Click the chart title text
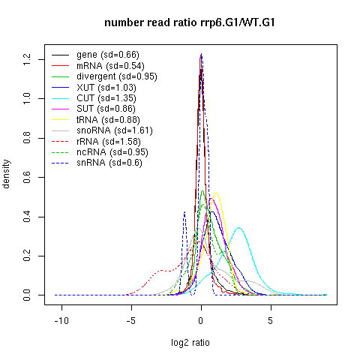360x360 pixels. point(190,22)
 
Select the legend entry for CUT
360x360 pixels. point(106,98)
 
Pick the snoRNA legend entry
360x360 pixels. point(115,130)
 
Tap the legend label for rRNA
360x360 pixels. point(109,142)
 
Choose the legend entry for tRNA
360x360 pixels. point(108,120)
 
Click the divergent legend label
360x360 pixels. point(117,76)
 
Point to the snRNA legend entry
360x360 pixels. point(109,163)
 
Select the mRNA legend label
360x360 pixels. point(110,66)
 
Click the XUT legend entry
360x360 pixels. point(106,88)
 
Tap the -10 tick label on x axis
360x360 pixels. point(61,320)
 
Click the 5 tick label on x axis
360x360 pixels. point(271,320)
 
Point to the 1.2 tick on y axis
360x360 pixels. point(26,59)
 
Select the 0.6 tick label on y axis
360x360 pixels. point(26,177)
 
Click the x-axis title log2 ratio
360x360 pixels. point(190,343)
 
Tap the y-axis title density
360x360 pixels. point(6,174)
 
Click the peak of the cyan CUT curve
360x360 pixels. point(239,228)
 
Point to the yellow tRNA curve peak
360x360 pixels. point(216,193)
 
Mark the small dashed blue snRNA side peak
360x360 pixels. point(184,212)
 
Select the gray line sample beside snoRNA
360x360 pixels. point(60,130)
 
